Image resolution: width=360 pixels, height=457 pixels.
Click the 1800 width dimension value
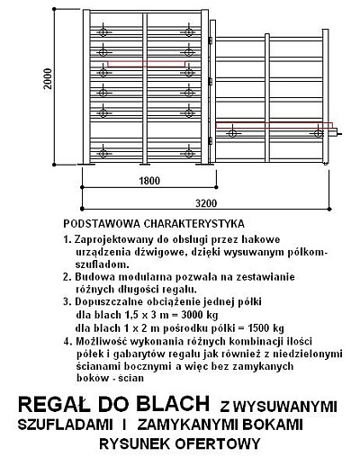pyautogui.click(x=149, y=181)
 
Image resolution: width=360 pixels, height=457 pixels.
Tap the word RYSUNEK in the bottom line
pyautogui.click(x=135, y=443)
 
